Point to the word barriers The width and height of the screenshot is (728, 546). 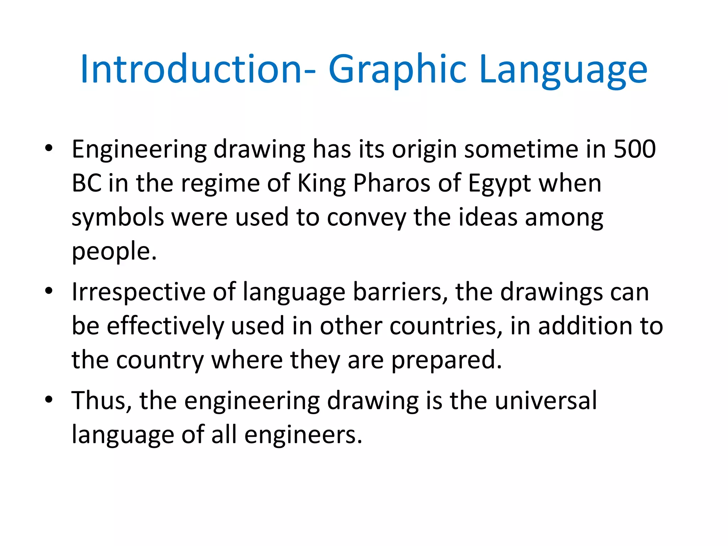tap(400, 292)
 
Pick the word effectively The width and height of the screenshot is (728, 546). tap(165, 326)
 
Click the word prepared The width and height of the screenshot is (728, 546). tap(446, 360)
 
